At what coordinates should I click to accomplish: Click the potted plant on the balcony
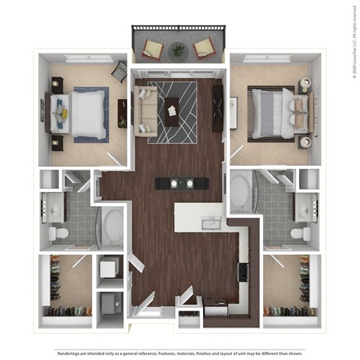pyautogui.click(x=178, y=50)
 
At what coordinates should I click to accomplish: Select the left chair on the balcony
pyautogui.click(x=152, y=49)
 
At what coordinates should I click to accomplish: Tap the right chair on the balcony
pyautogui.click(x=204, y=49)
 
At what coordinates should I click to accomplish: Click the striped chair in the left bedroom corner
pyautogui.click(x=119, y=71)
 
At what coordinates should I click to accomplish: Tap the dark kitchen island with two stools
pyautogui.click(x=180, y=182)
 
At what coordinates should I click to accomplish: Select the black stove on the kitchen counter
pyautogui.click(x=243, y=271)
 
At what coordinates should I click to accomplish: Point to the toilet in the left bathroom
pyautogui.click(x=58, y=234)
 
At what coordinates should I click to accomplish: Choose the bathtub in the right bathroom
pyautogui.click(x=242, y=192)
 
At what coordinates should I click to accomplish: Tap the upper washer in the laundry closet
pyautogui.click(x=110, y=268)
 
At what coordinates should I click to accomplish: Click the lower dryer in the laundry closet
pyautogui.click(x=110, y=304)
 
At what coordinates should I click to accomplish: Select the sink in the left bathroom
pyautogui.click(x=54, y=204)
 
